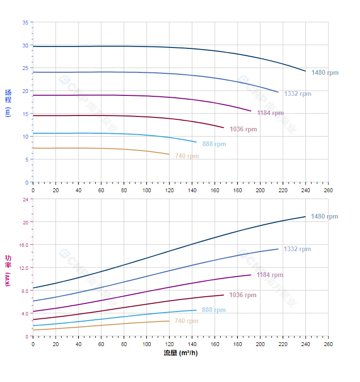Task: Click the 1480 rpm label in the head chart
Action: point(325,73)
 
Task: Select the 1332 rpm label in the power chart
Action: point(297,249)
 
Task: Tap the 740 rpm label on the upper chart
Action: point(187,156)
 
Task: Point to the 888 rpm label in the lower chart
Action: point(214,310)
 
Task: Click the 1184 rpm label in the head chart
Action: point(270,113)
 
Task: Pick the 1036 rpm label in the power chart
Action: point(243,295)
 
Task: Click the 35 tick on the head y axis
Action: point(25,23)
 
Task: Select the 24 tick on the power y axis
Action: point(25,199)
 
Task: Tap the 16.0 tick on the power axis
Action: point(23,245)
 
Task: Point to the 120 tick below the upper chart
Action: point(169,190)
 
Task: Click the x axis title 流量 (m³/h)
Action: point(180,353)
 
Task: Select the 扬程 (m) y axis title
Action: point(8,103)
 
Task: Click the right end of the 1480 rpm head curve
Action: point(305,71)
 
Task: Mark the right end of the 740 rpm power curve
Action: point(169,321)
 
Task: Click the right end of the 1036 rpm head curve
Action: point(224,127)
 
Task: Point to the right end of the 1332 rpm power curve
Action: point(278,249)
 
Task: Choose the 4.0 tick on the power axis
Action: point(24,313)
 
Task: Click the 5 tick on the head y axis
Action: point(26,160)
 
